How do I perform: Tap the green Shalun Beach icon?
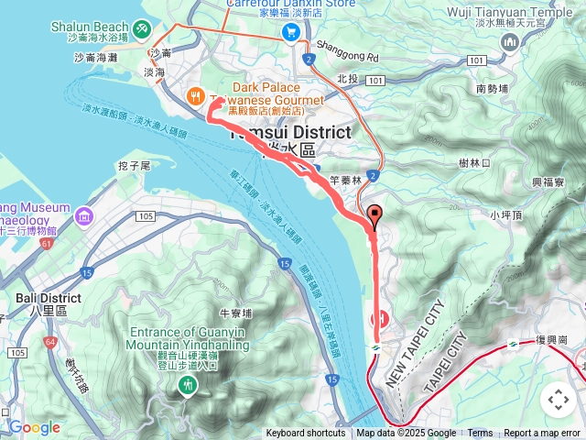point(141,30)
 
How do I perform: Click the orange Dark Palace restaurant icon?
point(195,95)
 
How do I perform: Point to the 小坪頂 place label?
point(505,215)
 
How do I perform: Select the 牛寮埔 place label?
point(235,313)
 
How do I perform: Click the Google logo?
point(34,427)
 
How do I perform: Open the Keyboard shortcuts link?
point(307,434)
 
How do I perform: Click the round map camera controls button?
point(558,400)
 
